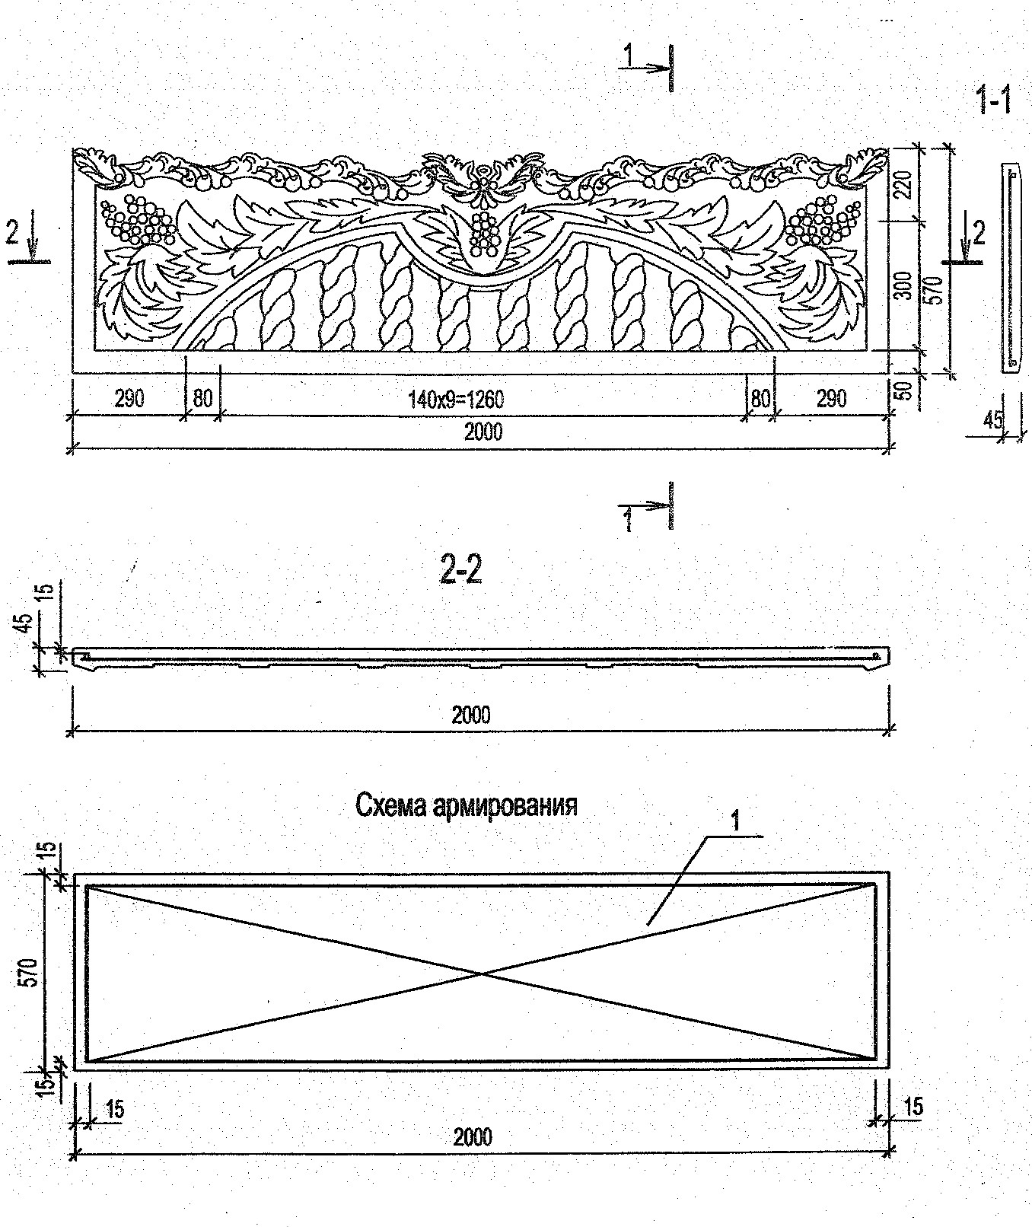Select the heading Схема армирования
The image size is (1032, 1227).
467,805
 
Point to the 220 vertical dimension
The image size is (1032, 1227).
903,183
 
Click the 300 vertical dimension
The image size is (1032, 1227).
903,285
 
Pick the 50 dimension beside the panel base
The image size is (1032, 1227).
903,392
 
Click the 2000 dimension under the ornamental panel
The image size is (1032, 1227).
483,432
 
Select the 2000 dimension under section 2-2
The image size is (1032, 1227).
471,715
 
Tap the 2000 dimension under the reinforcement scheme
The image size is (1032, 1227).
473,1137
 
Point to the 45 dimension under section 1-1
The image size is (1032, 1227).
992,419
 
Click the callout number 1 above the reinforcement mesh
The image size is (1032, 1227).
735,821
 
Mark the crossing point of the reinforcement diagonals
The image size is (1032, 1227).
481,973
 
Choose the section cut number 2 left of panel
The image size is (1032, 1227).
11,232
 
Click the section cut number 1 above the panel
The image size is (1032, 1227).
629,55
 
